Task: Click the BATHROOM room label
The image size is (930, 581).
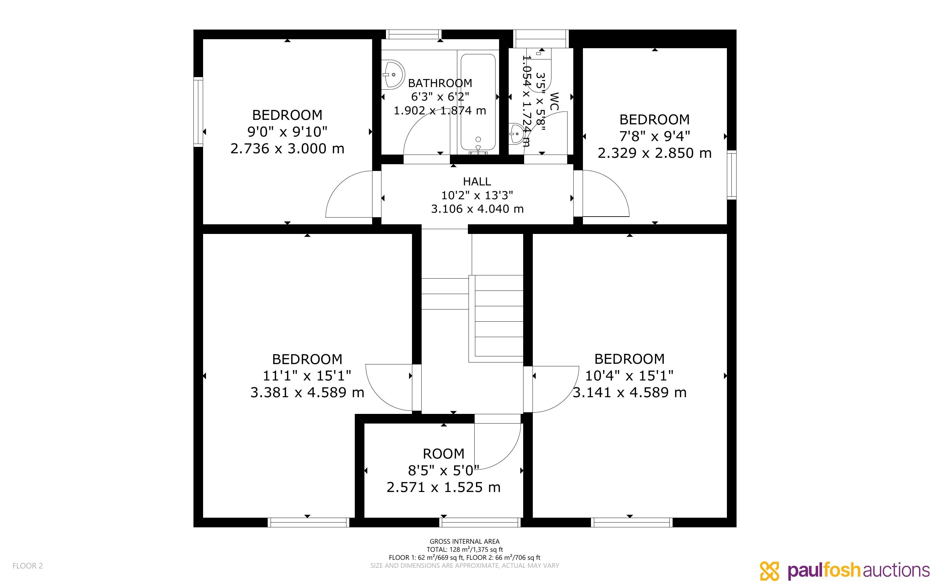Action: point(440,83)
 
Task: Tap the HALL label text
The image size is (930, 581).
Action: point(477,181)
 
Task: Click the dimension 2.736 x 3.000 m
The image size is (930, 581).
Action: point(287,149)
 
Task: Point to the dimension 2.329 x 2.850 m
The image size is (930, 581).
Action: point(655,153)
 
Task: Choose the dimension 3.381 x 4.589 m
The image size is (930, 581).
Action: point(307,392)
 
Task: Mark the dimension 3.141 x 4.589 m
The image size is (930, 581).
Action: point(630,392)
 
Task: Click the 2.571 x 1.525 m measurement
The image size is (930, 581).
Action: point(444,487)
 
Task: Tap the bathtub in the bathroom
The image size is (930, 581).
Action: point(478,103)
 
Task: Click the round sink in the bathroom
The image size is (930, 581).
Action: point(393,74)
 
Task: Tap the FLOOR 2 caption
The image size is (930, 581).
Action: point(28,566)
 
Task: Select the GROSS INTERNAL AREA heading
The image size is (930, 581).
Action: point(464,541)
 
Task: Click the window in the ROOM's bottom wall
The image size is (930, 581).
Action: point(480,522)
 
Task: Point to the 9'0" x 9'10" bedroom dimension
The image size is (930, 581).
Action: point(287,132)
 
